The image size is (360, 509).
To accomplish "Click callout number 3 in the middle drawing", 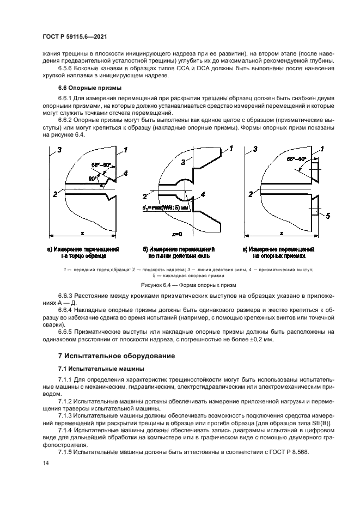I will (x=183, y=162).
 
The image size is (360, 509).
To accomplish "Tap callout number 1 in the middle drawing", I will (x=230, y=148).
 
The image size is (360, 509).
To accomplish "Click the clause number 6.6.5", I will (x=69, y=331).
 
